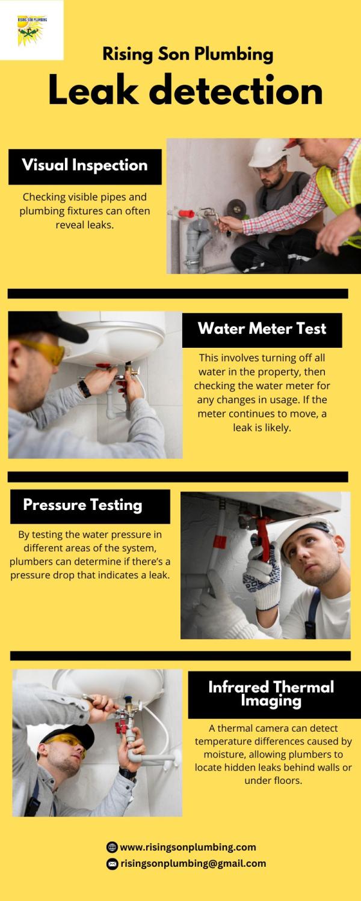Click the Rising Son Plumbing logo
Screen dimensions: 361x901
[32, 30]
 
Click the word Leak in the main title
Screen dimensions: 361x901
[93, 91]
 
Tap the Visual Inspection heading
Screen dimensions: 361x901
[85, 165]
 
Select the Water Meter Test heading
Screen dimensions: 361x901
[262, 329]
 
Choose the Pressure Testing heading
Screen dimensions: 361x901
[82, 505]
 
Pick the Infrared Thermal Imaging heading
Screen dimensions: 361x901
[271, 693]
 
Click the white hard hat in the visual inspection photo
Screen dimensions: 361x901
[268, 153]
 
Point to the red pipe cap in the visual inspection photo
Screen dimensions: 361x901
[186, 213]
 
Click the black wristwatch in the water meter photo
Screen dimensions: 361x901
[84, 389]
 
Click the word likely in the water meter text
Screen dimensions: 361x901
[278, 428]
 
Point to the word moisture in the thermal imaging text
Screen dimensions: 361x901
[223, 754]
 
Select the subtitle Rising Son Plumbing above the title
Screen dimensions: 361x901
[188, 54]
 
